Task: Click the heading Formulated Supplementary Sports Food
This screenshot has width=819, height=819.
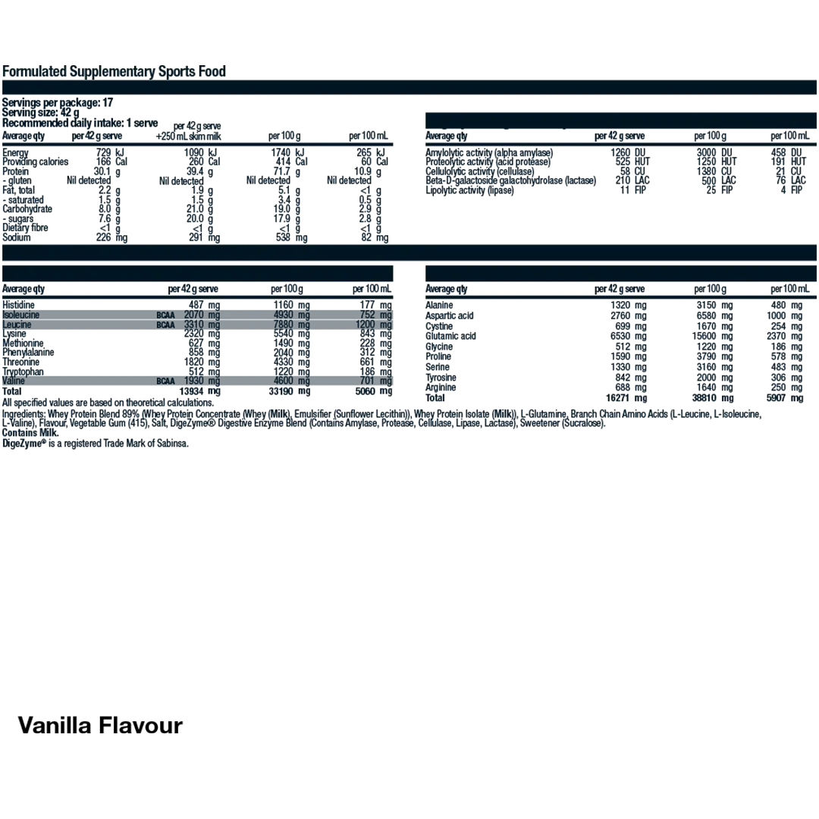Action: click(x=114, y=72)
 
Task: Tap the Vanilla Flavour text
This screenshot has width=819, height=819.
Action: click(x=100, y=725)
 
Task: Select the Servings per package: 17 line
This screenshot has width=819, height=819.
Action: click(x=58, y=102)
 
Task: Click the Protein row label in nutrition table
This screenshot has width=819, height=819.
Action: click(x=16, y=171)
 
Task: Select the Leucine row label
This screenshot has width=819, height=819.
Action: click(x=17, y=325)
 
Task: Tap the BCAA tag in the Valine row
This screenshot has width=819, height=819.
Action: click(x=165, y=381)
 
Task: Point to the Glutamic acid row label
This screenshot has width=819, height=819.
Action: click(x=450, y=336)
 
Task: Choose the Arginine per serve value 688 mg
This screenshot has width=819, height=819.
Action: click(x=629, y=388)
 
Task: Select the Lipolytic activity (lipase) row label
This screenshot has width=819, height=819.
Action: click(x=469, y=190)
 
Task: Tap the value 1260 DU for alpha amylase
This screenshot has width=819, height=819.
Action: click(x=626, y=152)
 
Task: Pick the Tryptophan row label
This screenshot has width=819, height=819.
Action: click(x=23, y=372)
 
